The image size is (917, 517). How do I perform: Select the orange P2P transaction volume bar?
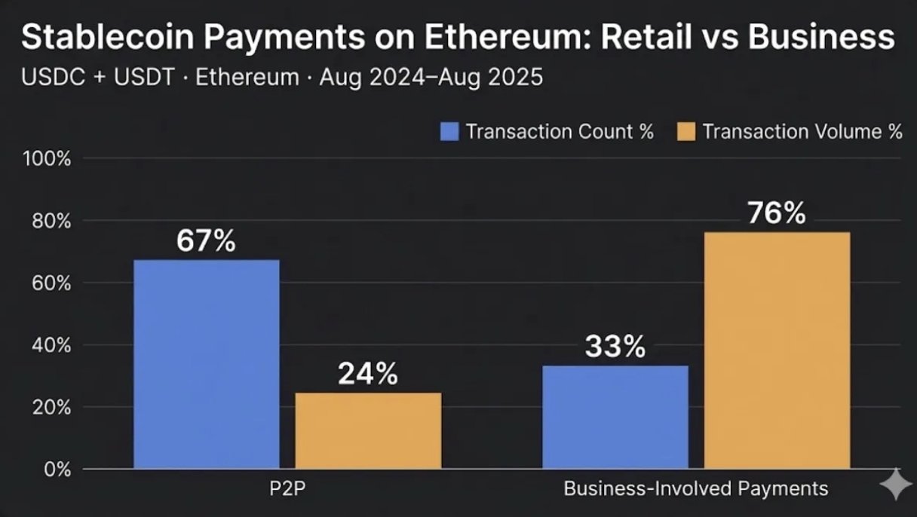click(x=368, y=430)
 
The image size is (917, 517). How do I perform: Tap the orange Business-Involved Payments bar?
click(x=777, y=350)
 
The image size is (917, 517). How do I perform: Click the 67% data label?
click(x=206, y=242)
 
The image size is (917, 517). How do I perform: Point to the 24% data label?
click(x=367, y=374)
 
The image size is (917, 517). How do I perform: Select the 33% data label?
click(x=615, y=347)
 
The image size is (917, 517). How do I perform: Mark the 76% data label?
click(x=777, y=214)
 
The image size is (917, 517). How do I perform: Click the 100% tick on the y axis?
click(x=47, y=159)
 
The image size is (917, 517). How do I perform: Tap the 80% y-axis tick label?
click(x=49, y=222)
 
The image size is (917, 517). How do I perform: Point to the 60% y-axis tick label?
click(x=49, y=283)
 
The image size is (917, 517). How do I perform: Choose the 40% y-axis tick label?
click(x=49, y=346)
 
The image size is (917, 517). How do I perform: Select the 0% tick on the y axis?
click(x=55, y=470)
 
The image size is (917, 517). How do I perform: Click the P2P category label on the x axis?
click(x=287, y=488)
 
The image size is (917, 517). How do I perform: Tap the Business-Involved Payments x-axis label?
click(x=696, y=488)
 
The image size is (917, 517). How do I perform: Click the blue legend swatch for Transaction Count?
click(x=449, y=132)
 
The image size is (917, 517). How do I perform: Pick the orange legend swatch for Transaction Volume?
click(x=685, y=132)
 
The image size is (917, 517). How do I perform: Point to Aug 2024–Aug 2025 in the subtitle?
click(x=431, y=78)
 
